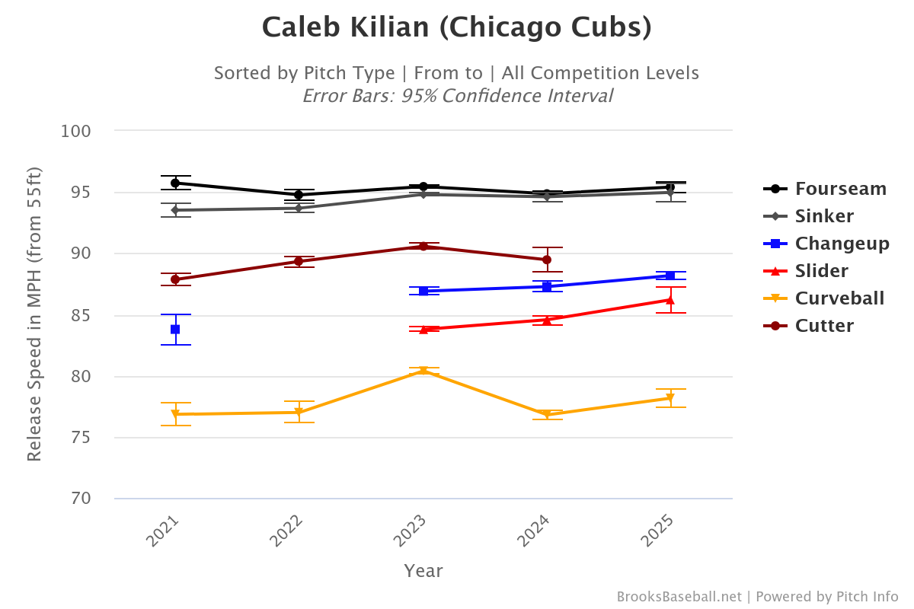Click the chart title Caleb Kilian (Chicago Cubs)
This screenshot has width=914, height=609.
[456, 28]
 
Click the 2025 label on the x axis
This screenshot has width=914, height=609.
[658, 531]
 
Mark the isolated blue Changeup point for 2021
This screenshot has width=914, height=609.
[175, 329]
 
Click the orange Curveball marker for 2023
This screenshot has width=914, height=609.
[423, 371]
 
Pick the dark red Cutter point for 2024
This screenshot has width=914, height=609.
[547, 260]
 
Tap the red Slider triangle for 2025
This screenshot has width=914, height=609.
[670, 300]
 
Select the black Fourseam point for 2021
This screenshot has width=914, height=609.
[175, 183]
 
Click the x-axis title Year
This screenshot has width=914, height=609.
[423, 571]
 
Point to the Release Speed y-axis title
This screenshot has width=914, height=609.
[34, 314]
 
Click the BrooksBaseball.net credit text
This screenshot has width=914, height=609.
[678, 597]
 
